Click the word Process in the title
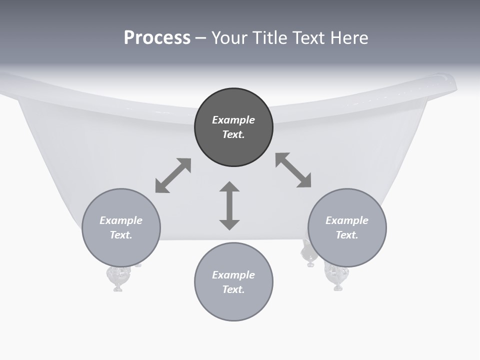(x=157, y=38)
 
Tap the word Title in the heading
(x=269, y=38)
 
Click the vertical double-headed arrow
(x=229, y=206)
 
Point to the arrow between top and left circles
(x=173, y=175)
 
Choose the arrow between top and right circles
(x=293, y=170)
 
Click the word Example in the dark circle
(x=233, y=120)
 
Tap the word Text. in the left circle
(x=121, y=235)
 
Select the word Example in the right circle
(x=347, y=220)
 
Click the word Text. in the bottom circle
(x=233, y=289)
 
